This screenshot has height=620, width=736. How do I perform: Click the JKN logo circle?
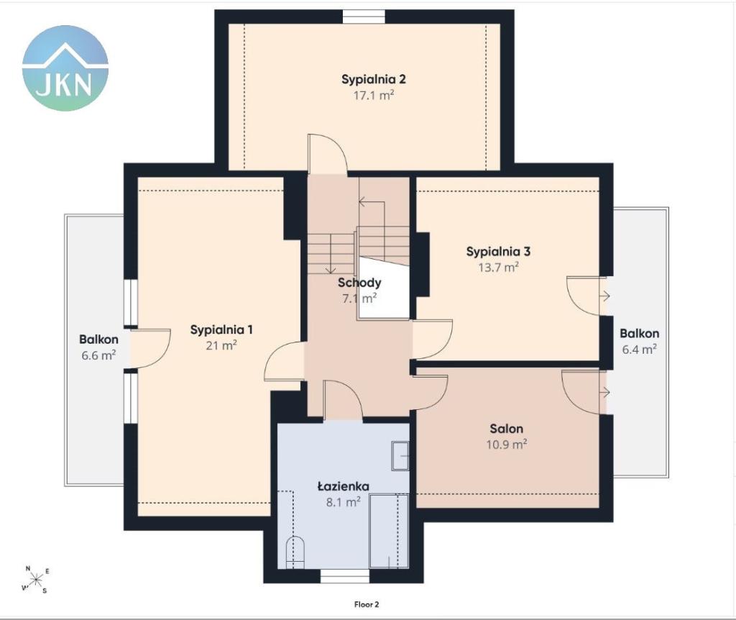pos(65,68)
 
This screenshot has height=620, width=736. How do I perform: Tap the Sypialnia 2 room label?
pos(374,79)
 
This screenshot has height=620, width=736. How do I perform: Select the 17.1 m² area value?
pos(374,96)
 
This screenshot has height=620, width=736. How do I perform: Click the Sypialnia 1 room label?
pos(221,329)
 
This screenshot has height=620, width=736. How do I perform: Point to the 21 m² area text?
pos(221,345)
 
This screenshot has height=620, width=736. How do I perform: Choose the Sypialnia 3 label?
pos(498,252)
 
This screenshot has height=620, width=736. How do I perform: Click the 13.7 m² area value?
pos(498,268)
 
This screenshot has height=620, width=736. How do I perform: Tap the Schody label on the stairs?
pos(359,283)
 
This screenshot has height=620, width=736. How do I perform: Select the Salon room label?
pos(507,429)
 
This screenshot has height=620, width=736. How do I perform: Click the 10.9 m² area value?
pos(507,444)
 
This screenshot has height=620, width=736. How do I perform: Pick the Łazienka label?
pos(343,486)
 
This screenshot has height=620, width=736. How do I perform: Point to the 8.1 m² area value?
pos(343,502)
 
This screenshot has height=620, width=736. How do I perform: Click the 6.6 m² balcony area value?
pos(98,355)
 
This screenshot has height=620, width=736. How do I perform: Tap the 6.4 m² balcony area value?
pos(639,350)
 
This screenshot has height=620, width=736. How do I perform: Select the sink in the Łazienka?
pos(400,455)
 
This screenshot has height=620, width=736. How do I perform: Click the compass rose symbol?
pos(36,580)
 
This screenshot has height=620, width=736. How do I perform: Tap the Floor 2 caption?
pos(367,604)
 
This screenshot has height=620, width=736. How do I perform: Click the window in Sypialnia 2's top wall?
pos(364,17)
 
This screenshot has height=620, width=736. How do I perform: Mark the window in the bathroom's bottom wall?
pos(345,576)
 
